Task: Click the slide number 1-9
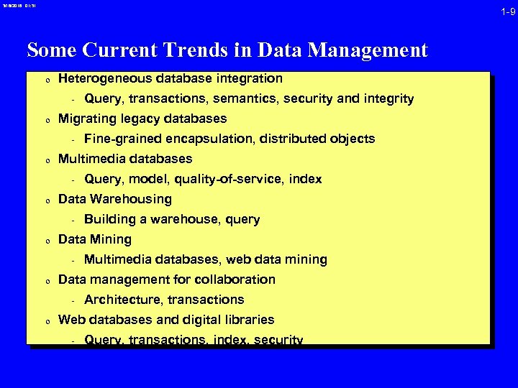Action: (x=508, y=11)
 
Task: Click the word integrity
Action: (x=389, y=98)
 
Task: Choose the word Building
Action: (x=107, y=219)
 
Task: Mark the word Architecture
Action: (x=119, y=300)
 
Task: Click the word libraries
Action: (x=248, y=320)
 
